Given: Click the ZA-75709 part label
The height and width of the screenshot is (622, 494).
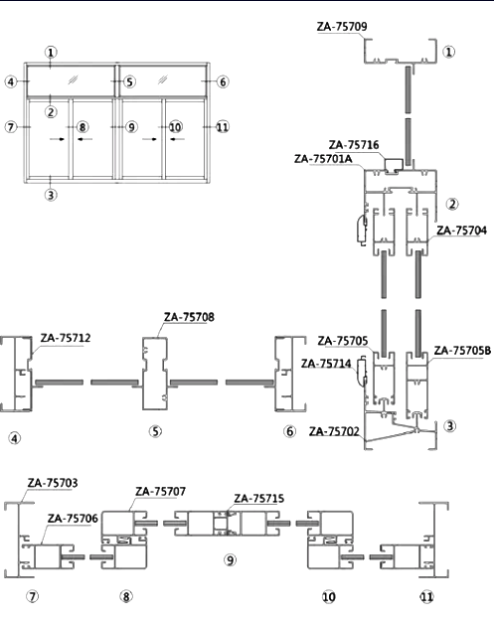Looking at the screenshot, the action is click(342, 27).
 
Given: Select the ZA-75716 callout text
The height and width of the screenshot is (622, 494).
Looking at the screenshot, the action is click(354, 145).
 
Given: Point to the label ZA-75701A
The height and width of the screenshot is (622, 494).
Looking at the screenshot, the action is click(323, 159).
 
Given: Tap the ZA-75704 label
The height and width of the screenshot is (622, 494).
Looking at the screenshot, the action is click(461, 231).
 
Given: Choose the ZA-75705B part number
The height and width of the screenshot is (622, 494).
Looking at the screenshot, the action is click(462, 351).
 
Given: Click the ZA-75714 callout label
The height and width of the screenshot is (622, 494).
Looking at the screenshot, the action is click(326, 364).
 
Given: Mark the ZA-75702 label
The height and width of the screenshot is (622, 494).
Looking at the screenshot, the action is click(334, 431).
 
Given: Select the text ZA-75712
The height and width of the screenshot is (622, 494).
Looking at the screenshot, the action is click(66, 338).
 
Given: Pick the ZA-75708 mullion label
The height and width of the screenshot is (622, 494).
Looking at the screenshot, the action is click(189, 317).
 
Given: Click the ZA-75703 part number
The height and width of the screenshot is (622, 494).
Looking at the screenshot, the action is click(53, 483).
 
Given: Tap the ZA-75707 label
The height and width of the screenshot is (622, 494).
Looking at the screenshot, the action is click(160, 492).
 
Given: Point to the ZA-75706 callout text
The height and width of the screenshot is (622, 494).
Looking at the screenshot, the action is click(73, 518).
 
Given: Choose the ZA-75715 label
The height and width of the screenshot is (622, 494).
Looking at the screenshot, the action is click(259, 498).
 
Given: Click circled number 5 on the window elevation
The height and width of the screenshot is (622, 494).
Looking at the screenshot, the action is click(130, 81).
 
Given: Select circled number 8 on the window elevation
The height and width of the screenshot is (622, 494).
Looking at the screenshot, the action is click(82, 127).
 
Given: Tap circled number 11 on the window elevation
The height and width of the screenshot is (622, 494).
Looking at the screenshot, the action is click(223, 127).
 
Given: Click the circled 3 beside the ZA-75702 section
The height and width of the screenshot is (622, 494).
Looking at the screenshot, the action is click(450, 426).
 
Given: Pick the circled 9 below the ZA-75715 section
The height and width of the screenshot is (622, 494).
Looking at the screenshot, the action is click(231, 559).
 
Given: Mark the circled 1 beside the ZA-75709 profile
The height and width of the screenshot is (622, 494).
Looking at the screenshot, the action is click(448, 52).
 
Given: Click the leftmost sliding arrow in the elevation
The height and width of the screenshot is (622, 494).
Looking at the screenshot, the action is click(58, 139).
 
